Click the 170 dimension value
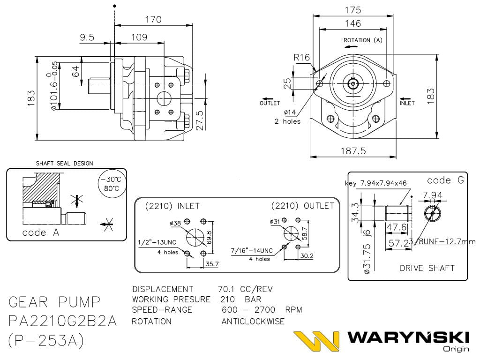pos(153,20)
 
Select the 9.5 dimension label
pos(87,37)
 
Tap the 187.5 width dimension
pos(352,150)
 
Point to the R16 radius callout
pos(302,57)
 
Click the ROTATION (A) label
pos(363,40)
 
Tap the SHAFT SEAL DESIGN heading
pos(64,164)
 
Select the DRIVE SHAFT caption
pos(427,268)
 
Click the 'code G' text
pos(445,180)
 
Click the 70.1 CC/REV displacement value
pos(245,289)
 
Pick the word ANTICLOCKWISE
pos(253,322)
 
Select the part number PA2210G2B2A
pos(63,321)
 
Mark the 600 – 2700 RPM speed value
pos(262,310)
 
